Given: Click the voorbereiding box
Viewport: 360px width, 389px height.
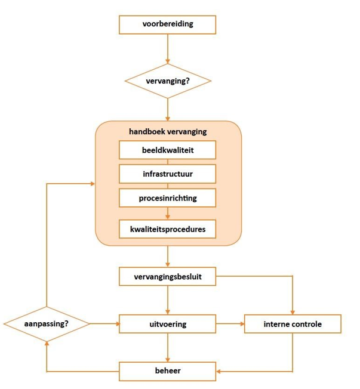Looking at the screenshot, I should tap(168, 25).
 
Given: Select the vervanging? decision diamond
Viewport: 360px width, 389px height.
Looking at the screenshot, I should tap(168, 81).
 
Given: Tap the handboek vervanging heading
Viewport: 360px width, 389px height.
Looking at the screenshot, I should tap(168, 131).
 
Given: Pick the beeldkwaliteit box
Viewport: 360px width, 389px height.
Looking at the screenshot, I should tap(168, 150).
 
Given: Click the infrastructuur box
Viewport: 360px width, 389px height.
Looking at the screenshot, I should tap(168, 174).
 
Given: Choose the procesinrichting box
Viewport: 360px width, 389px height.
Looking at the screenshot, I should tap(168, 197).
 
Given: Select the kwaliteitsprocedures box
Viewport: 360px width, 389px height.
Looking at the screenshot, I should tap(168, 229).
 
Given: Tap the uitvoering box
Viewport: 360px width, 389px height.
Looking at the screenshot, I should tap(168, 324).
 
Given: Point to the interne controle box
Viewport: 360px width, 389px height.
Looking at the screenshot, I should tap(293, 324).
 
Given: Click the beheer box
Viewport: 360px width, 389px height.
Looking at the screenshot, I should tap(168, 371).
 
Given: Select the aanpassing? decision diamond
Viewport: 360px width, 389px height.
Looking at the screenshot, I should tap(47, 324).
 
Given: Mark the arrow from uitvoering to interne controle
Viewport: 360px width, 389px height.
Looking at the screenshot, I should tap(230, 324).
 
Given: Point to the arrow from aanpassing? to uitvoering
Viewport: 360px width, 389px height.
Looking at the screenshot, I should tap(104, 324).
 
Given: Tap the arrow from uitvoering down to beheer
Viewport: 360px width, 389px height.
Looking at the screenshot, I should tap(168, 347).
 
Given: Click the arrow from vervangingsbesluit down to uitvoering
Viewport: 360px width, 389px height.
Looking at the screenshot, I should tap(168, 300).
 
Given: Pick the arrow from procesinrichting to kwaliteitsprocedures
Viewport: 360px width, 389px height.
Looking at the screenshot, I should tap(168, 212).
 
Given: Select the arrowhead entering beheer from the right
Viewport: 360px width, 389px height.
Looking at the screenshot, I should tap(219, 371).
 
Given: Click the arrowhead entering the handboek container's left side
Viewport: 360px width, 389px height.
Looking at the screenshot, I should tap(92, 183).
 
